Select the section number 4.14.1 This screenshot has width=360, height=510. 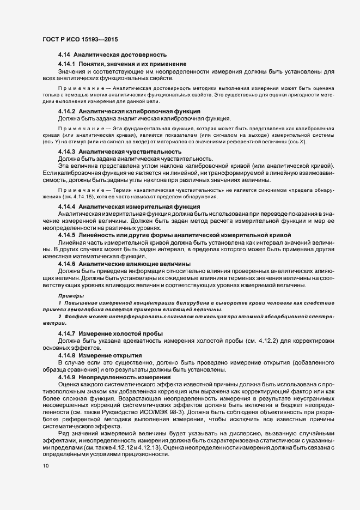click(66, 64)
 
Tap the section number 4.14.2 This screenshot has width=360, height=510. click(66, 111)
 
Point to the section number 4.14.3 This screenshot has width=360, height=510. click(66, 151)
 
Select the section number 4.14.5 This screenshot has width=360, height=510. click(66, 234)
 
